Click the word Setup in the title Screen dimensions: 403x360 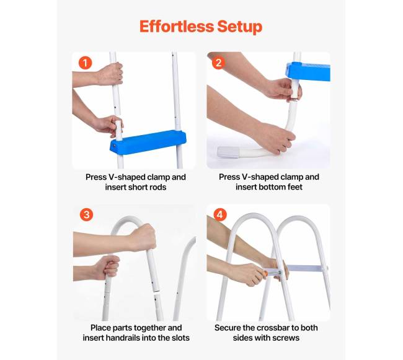click(x=240, y=27)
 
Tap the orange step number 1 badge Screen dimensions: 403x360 click(x=85, y=63)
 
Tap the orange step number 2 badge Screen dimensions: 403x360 click(x=218, y=63)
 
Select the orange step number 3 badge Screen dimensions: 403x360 click(x=86, y=214)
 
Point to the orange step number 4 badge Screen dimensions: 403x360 click(x=219, y=214)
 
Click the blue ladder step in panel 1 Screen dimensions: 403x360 click(x=148, y=143)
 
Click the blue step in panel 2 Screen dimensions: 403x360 click(x=308, y=71)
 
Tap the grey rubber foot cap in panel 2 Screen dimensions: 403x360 click(x=228, y=152)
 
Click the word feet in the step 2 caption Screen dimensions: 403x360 click(x=294, y=187)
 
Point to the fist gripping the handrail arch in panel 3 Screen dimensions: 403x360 click(x=143, y=238)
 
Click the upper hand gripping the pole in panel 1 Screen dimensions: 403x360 click(x=110, y=74)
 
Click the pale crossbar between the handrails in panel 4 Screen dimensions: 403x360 click(x=305, y=268)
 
